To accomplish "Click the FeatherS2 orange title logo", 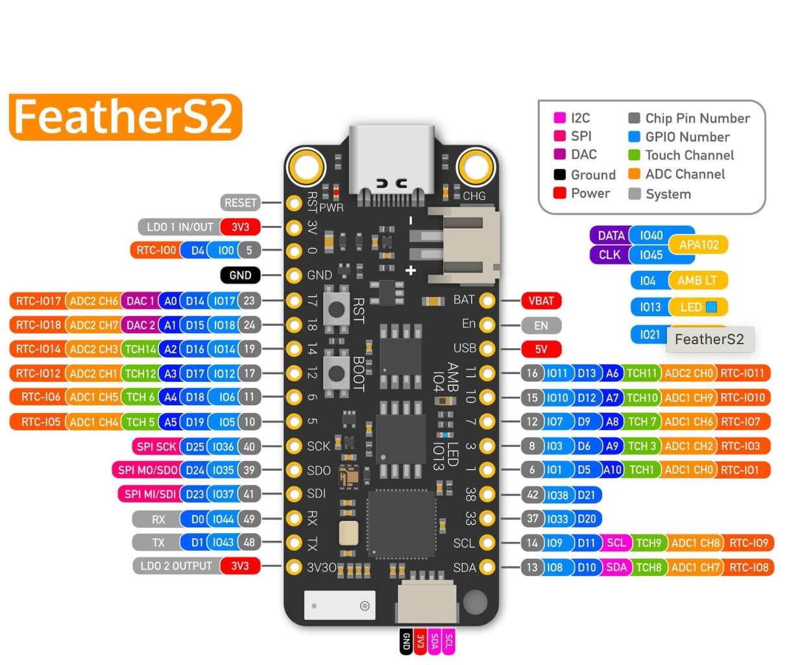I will [125, 117].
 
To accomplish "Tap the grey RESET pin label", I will [240, 203].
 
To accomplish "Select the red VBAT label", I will [541, 301].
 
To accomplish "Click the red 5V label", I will [541, 349].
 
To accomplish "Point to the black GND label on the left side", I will [240, 275].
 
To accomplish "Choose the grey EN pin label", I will [541, 325].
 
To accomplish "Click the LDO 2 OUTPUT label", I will [176, 566].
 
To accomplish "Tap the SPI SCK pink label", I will [156, 447].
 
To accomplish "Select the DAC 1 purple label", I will [140, 301].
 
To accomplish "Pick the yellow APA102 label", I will [698, 245].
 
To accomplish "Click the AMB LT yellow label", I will [697, 281].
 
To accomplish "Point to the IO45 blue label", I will [650, 255].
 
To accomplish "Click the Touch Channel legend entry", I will [689, 155].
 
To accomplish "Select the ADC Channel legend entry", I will [685, 174].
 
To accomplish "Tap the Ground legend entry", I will [592, 175].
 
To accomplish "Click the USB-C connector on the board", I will [391, 159].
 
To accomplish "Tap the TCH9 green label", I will [648, 543].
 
